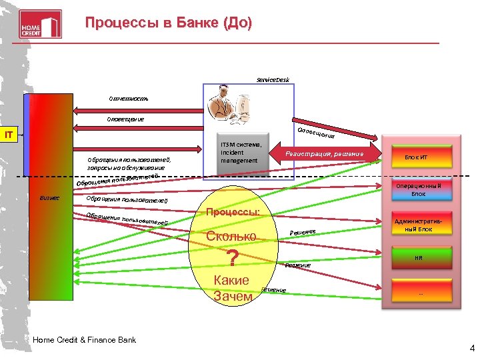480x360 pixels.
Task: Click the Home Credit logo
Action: click(40, 24)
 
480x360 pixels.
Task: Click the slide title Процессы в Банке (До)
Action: click(169, 23)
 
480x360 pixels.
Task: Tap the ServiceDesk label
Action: click(273, 80)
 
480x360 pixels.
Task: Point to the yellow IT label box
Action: click(9, 136)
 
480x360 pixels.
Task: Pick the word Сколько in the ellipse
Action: click(231, 236)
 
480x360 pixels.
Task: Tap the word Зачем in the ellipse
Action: click(233, 295)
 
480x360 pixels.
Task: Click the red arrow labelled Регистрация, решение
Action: click(325, 155)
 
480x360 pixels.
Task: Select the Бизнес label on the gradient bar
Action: click(50, 198)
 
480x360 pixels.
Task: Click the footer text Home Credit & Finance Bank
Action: click(84, 340)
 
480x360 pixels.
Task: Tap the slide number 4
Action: click(472, 347)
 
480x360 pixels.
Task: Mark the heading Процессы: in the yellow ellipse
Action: click(233, 212)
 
